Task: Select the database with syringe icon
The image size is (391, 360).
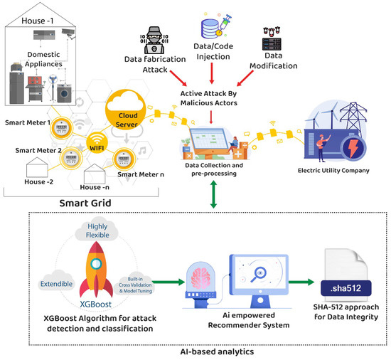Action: tap(215, 28)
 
